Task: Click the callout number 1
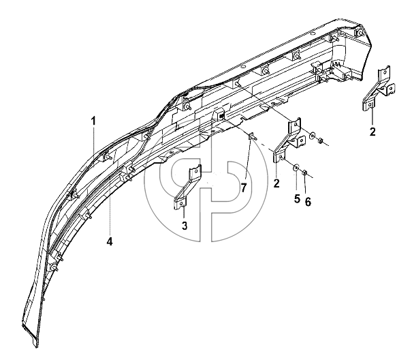(93, 121)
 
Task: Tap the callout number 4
(110, 241)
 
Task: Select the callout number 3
(185, 226)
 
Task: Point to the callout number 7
(244, 188)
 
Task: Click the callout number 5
(297, 198)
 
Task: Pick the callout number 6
(308, 202)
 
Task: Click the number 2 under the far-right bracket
(373, 132)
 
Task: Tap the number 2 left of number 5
(276, 183)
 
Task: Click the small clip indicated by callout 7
(252, 136)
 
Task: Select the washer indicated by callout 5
(296, 167)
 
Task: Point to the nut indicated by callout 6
(305, 173)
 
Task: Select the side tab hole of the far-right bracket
(392, 89)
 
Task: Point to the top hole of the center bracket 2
(296, 125)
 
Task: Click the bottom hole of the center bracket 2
(281, 157)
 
